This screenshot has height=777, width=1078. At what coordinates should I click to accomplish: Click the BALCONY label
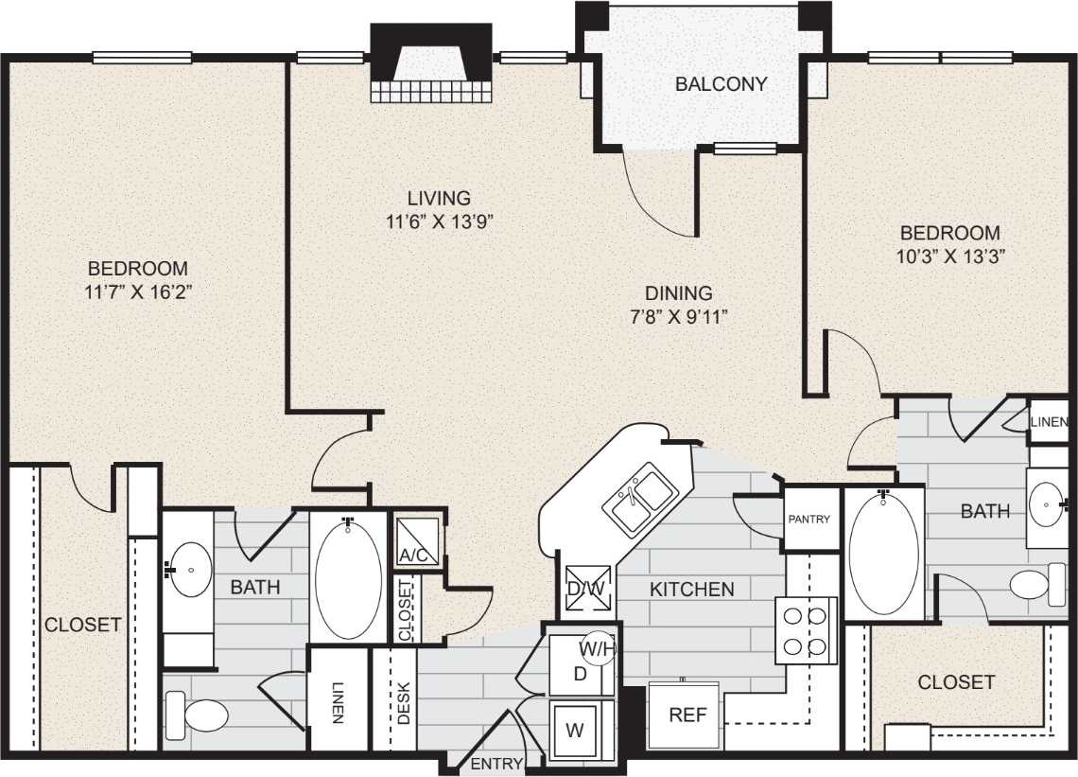click(721, 84)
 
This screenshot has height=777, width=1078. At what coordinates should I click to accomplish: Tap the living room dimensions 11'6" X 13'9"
click(439, 222)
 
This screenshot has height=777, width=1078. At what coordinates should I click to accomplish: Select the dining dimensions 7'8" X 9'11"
click(679, 317)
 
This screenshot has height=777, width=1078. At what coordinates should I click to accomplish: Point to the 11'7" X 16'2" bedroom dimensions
click(138, 292)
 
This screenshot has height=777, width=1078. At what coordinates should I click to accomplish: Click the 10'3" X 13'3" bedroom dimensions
click(949, 256)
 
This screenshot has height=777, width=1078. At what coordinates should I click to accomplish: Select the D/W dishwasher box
click(585, 588)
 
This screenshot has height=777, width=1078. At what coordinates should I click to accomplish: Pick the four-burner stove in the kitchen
click(806, 630)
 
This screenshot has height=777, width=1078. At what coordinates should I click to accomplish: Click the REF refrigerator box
click(687, 715)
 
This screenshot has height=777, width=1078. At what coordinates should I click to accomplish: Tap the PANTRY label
click(809, 519)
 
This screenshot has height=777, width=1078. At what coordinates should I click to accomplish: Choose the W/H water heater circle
click(597, 649)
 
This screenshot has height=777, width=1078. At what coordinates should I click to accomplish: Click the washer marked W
click(575, 731)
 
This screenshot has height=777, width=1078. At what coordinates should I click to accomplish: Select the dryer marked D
click(580, 674)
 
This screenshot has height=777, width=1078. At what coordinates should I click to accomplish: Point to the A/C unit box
click(417, 542)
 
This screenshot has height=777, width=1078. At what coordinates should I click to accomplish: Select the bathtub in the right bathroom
click(883, 554)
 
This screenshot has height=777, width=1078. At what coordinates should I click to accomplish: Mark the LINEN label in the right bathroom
click(1050, 422)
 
